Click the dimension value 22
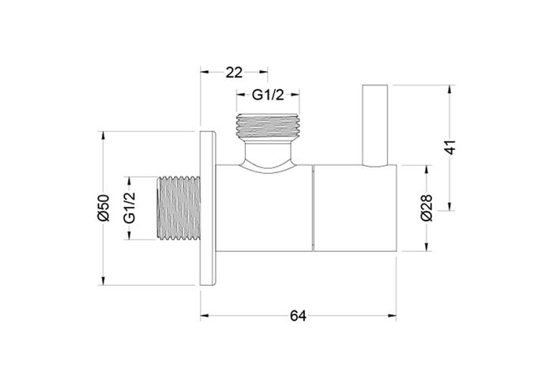pos(233,72)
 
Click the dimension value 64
pos(298,316)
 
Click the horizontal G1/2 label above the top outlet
pos(268,96)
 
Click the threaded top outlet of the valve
pos(268,127)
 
